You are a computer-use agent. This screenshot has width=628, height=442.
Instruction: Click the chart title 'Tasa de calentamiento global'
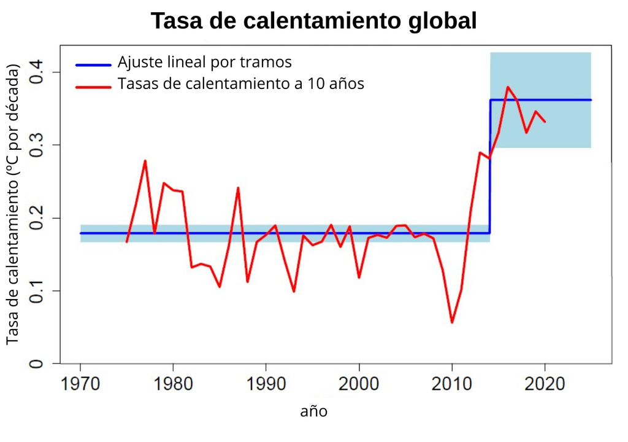pos(313,21)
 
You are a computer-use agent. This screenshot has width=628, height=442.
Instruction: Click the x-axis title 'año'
pos(313,411)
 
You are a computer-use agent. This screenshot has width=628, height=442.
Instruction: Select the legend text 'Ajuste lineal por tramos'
pos(204,63)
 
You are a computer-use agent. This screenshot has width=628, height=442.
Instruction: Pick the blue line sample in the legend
pos(93,64)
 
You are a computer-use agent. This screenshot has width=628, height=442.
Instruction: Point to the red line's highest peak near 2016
pos(508,87)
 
